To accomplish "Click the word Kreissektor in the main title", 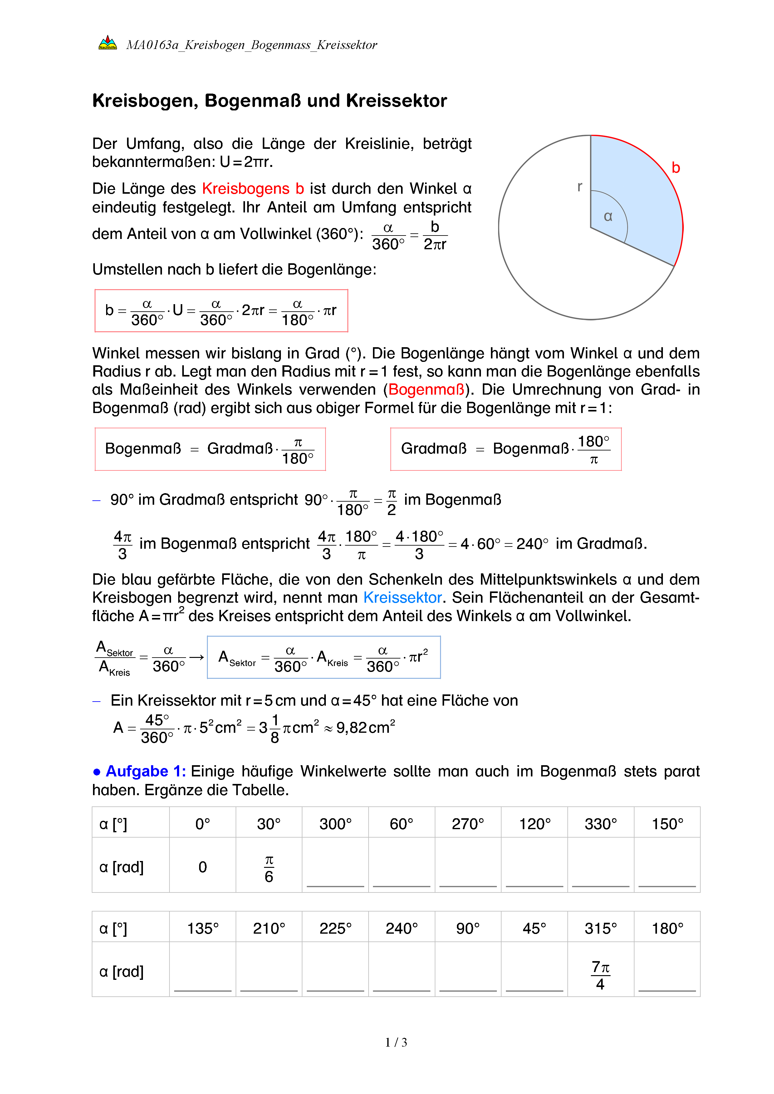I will (x=397, y=101).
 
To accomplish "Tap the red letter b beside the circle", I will (x=675, y=168).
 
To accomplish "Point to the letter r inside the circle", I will (x=580, y=187).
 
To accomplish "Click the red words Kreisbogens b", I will (x=252, y=189).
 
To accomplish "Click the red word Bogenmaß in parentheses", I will (x=427, y=390).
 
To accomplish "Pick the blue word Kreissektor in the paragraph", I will (x=403, y=597).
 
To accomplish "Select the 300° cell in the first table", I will (x=335, y=824).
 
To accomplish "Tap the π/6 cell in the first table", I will (x=269, y=868).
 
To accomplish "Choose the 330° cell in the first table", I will (x=600, y=824).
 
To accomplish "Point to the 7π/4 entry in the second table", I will (x=600, y=975).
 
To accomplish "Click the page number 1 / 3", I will (x=396, y=1043).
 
